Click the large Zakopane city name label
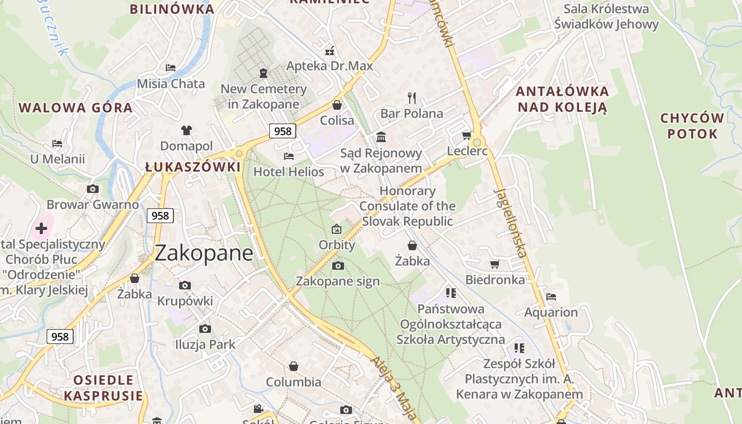pos(204,253)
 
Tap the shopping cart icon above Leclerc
pos(467,136)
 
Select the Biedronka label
pos(495,279)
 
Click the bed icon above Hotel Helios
pos(289,156)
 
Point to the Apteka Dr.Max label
pos(330,66)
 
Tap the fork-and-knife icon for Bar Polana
pos(412,98)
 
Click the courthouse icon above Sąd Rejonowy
pos(381,137)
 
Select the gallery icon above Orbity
pos(337,229)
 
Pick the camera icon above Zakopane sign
pos(338,266)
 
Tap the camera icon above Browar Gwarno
pos(93,189)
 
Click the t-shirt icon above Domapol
pos(187,130)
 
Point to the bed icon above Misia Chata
pos(171,68)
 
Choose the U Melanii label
pos(57,159)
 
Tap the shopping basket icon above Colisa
pos(337,105)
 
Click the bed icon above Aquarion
pos(551,297)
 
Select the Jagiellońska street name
pos(511,223)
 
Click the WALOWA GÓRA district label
pos(75,108)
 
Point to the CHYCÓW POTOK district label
pos(693,126)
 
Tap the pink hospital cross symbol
pos(41,229)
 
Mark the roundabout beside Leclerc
pos(477,142)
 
